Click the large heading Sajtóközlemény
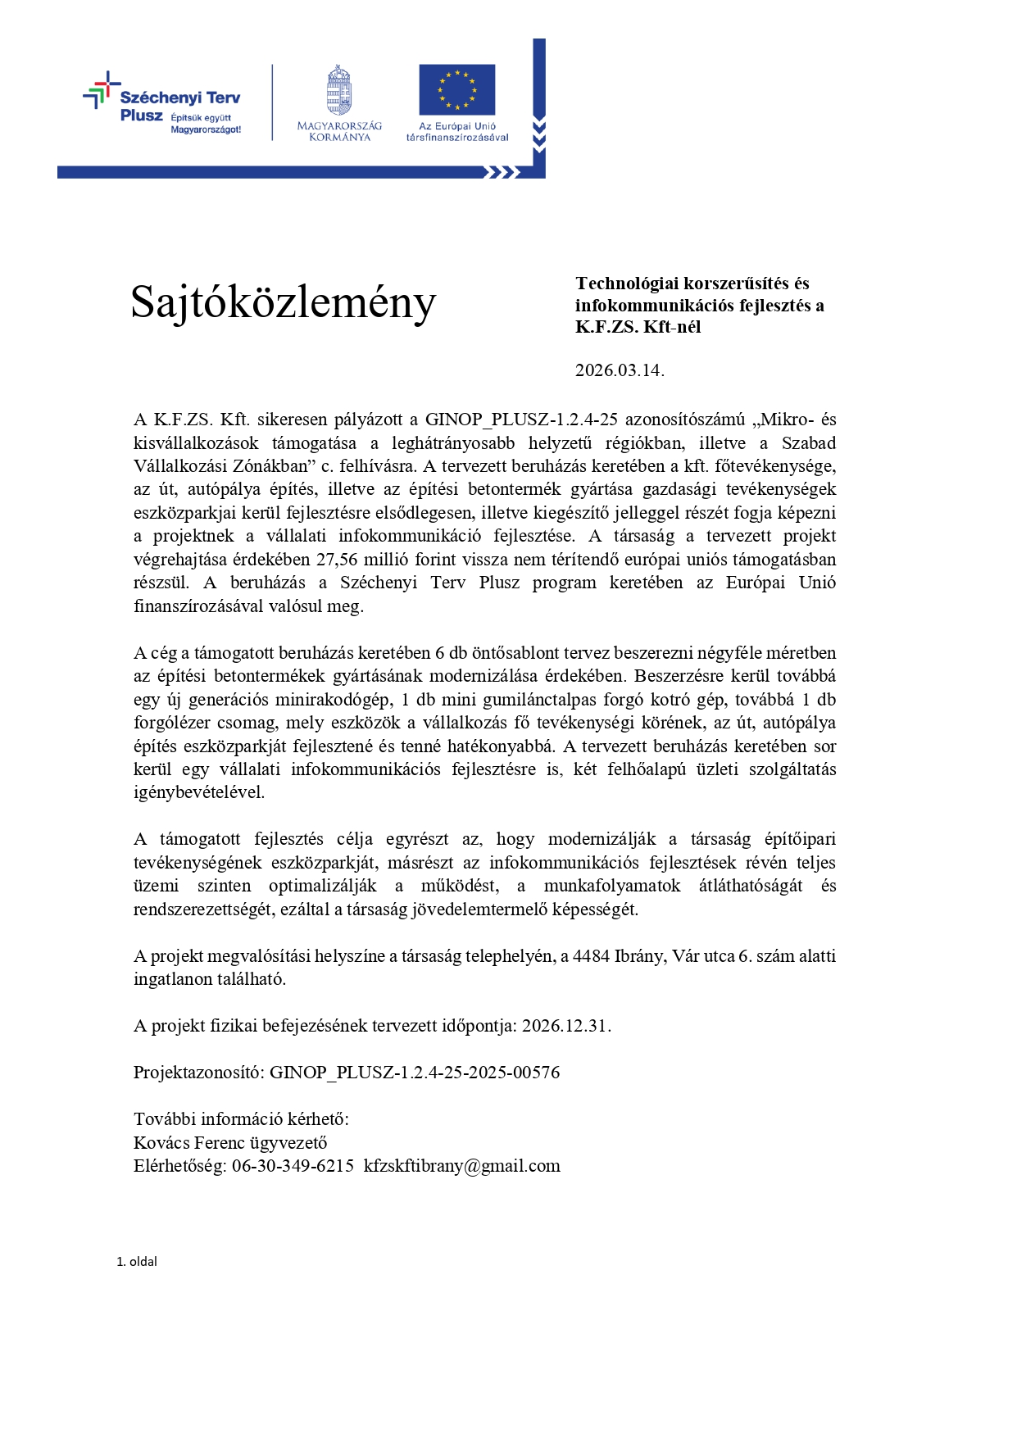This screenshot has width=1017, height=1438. coord(283,303)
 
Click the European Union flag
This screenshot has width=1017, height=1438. coord(456,89)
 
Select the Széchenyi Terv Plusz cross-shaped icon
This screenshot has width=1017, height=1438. coord(99,90)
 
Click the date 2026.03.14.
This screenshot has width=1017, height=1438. coord(619,370)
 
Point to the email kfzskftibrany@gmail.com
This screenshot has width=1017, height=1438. coord(462,1166)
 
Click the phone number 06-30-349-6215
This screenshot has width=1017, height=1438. coord(293,1166)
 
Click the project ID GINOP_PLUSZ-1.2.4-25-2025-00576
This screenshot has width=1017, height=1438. coord(415,1073)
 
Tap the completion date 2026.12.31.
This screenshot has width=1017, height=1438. coord(566,1026)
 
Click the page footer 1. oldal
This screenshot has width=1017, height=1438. coord(137,1262)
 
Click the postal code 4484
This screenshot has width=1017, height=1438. coord(591,956)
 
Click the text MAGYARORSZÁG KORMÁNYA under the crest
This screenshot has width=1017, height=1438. coord(339,131)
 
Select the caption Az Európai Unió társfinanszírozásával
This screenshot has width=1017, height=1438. coord(457,132)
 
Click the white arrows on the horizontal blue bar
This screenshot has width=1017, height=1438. coord(502,172)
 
